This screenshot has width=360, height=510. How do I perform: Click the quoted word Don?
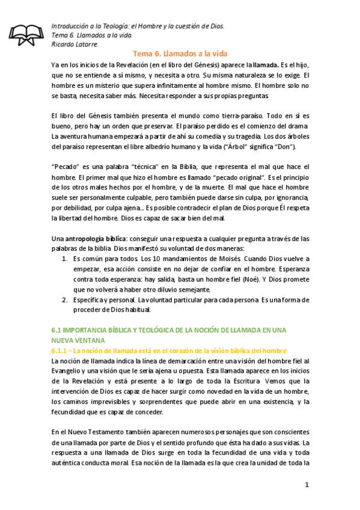tap(283, 147)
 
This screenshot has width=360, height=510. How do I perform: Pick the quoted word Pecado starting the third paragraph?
tap(66, 167)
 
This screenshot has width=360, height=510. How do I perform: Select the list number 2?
tap(65, 300)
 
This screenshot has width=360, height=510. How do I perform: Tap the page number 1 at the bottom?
tap(306, 485)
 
